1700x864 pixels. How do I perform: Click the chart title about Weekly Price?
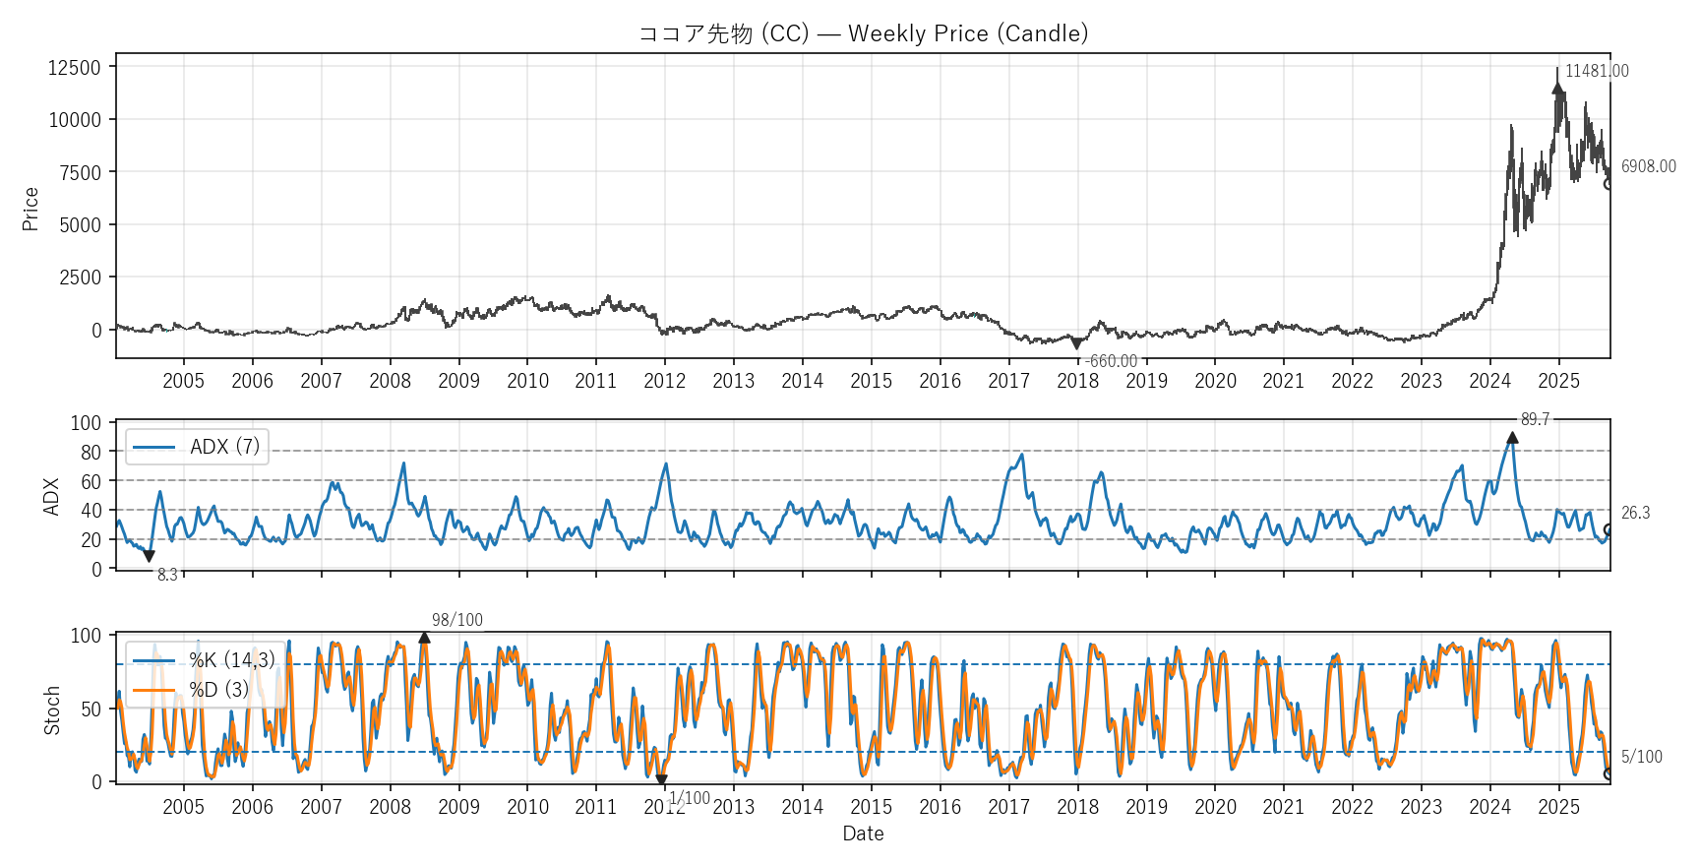863,33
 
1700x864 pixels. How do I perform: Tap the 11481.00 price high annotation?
1597,71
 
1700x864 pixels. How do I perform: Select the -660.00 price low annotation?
1112,361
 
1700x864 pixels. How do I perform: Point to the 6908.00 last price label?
1648,166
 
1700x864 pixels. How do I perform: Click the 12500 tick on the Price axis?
75,67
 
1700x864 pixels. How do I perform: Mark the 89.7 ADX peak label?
1535,419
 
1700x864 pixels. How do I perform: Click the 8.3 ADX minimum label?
167,575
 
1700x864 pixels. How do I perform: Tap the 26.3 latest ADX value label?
1635,513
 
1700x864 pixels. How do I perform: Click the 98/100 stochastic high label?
457,620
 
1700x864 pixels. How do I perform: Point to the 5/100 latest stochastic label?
1641,757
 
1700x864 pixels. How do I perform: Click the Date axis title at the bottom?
863,833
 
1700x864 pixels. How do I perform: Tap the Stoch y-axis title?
52,710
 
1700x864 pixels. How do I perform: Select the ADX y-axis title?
52,496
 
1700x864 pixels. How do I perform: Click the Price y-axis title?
30,209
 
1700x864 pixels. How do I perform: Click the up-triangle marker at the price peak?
1557,88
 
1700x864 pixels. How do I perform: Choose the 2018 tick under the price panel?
1077,381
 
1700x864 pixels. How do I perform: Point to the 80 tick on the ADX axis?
91,452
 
